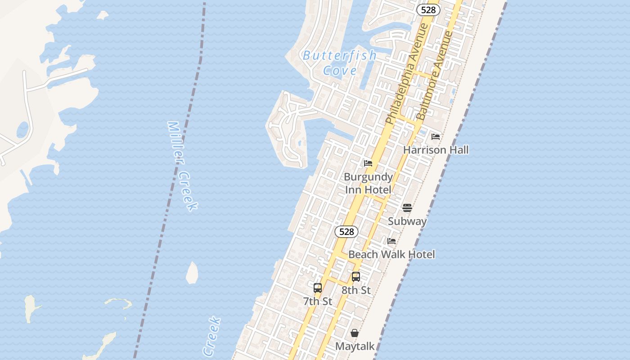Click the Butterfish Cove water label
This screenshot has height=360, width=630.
[340, 63]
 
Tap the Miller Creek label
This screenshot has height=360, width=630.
[182, 166]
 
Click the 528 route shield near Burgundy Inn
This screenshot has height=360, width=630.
[346, 232]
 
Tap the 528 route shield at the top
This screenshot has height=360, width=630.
[428, 10]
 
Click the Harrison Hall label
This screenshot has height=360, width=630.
[436, 150]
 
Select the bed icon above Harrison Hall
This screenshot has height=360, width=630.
[436, 136]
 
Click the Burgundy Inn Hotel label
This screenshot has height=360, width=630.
[368, 183]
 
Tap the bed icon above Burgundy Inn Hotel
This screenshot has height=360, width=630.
[368, 163]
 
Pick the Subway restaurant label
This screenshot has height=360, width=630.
[407, 221]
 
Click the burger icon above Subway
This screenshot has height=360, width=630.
[407, 207]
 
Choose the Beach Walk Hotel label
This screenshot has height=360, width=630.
[391, 254]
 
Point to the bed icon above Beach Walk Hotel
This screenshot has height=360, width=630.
[391, 241]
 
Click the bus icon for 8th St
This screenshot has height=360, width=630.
[356, 277]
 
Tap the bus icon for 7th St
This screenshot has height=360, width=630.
[318, 288]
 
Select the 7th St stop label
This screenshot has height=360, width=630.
[318, 301]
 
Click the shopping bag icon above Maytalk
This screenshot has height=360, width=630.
[355, 333]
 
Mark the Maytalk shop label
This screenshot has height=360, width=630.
[355, 346]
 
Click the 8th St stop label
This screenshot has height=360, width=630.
[356, 290]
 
